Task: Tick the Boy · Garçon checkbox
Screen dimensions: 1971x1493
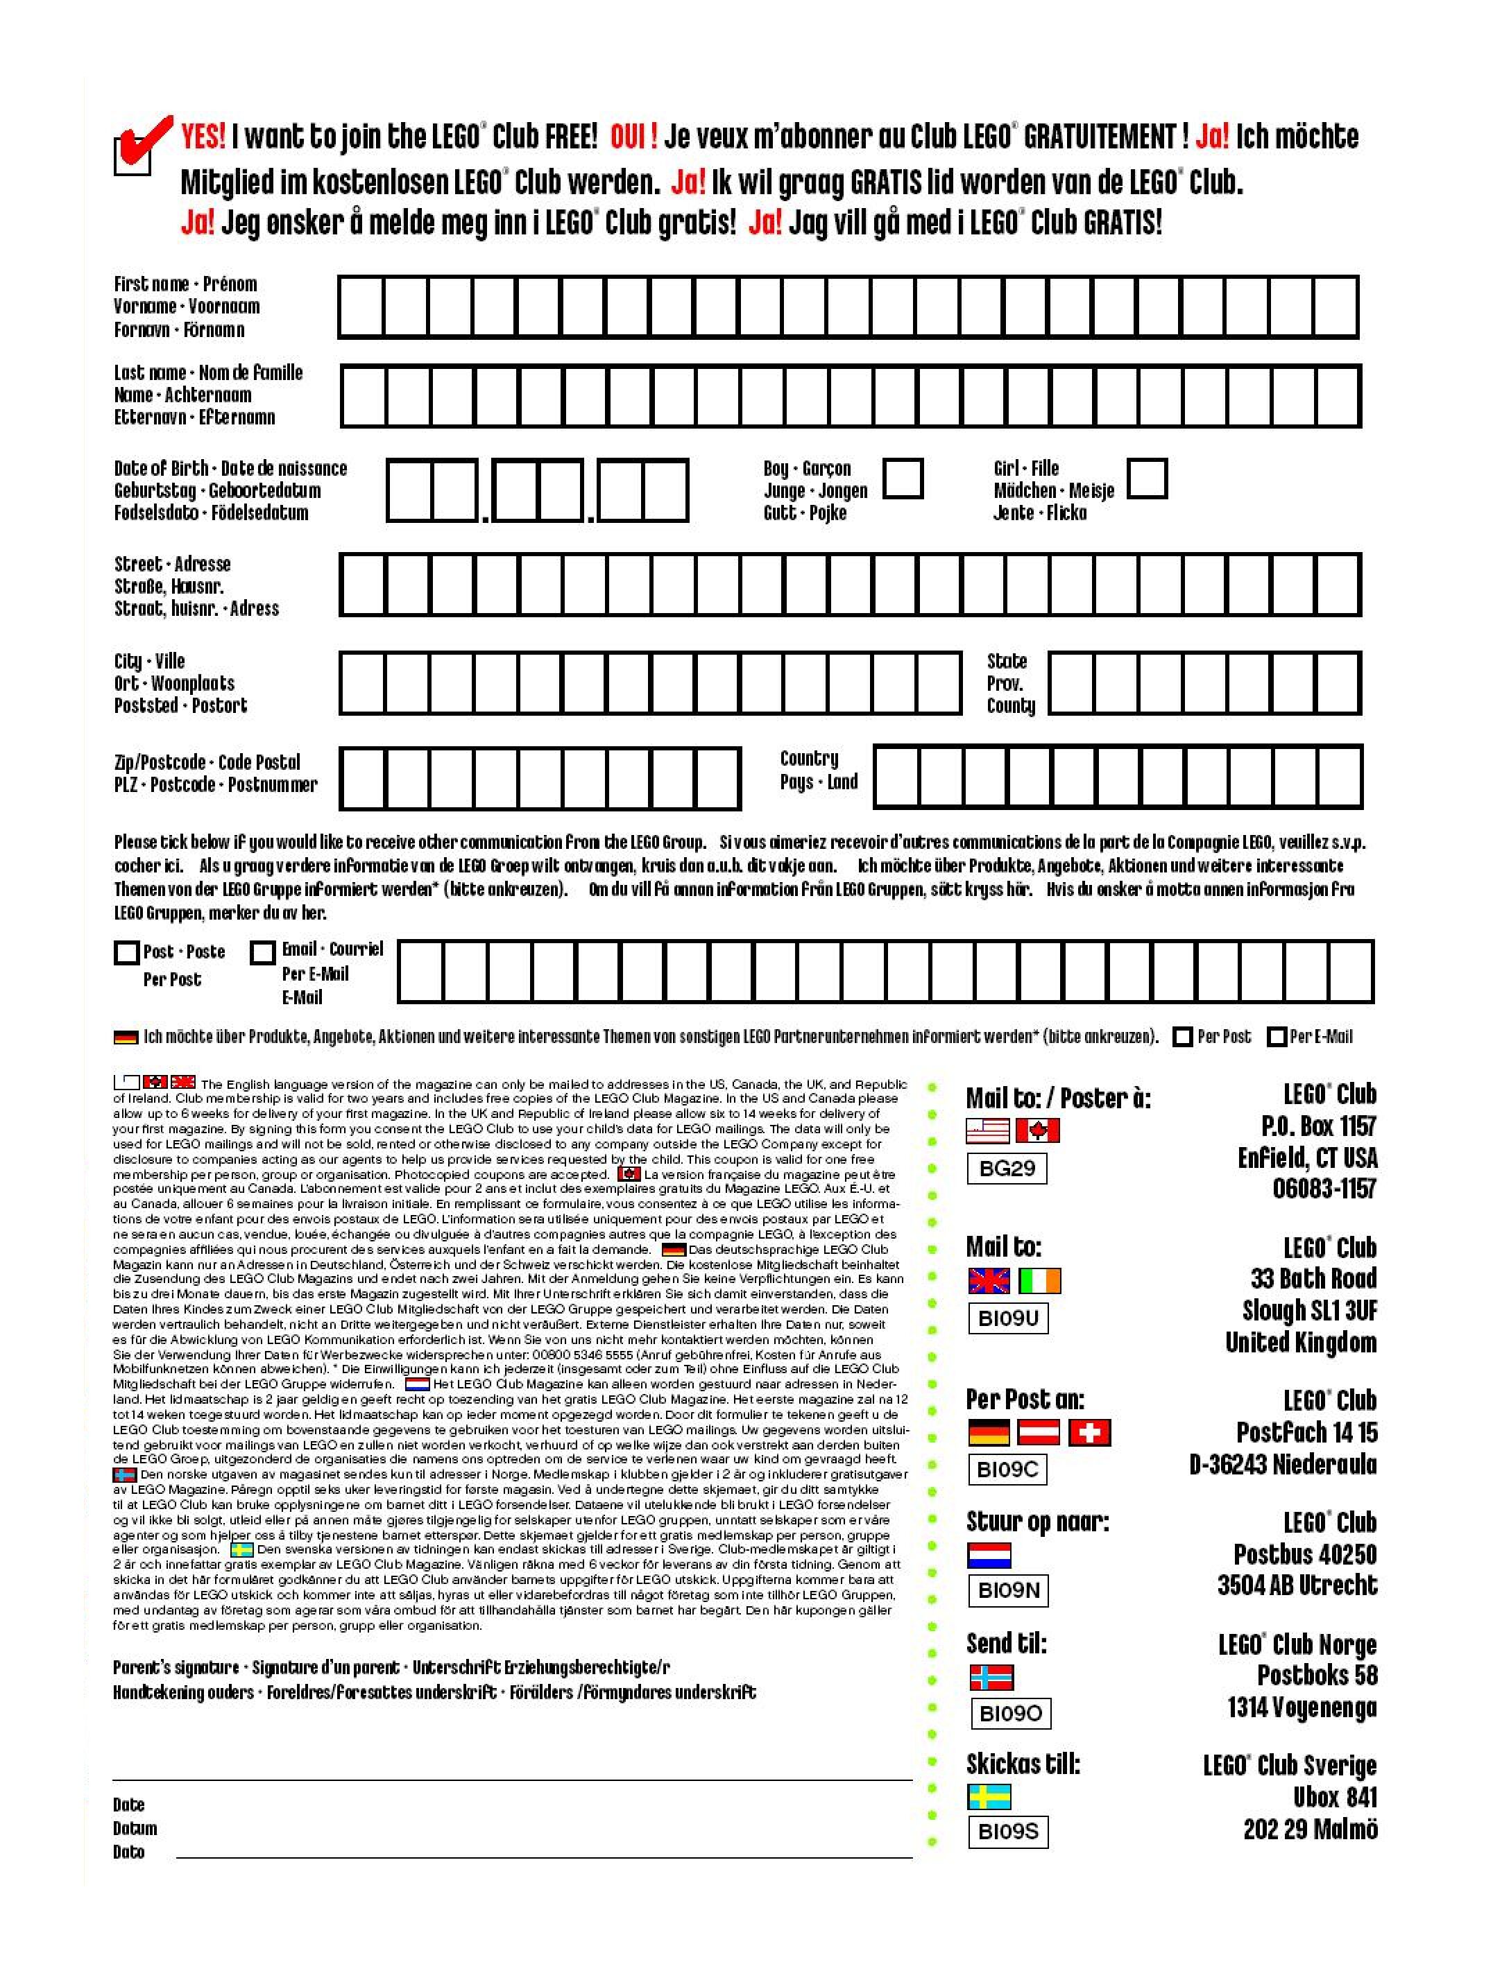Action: click(x=903, y=479)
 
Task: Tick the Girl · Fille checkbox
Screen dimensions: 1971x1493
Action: click(x=1148, y=479)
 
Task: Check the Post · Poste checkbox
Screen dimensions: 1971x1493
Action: click(x=126, y=954)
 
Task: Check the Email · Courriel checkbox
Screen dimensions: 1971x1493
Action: click(x=262, y=954)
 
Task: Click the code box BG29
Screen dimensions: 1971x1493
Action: click(x=1007, y=1168)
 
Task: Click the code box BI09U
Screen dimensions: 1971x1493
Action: click(x=1007, y=1318)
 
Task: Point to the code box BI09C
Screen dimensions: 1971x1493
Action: click(x=1007, y=1470)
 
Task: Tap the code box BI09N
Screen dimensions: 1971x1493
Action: click(x=1007, y=1590)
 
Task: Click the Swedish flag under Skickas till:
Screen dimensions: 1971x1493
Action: click(x=989, y=1796)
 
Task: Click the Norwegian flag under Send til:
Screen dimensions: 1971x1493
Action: click(x=991, y=1678)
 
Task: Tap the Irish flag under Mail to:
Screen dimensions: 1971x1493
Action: click(x=1039, y=1282)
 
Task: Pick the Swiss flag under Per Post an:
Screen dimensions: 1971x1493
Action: click(x=1089, y=1433)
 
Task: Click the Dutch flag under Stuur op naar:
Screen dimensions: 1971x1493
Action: click(x=989, y=1556)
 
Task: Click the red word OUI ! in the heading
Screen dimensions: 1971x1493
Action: click(x=633, y=137)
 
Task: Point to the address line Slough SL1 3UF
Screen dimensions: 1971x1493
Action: click(x=1308, y=1311)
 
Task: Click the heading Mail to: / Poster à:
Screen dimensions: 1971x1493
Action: click(x=1058, y=1099)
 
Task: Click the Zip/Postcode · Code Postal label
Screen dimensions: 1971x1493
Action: click(x=207, y=763)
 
